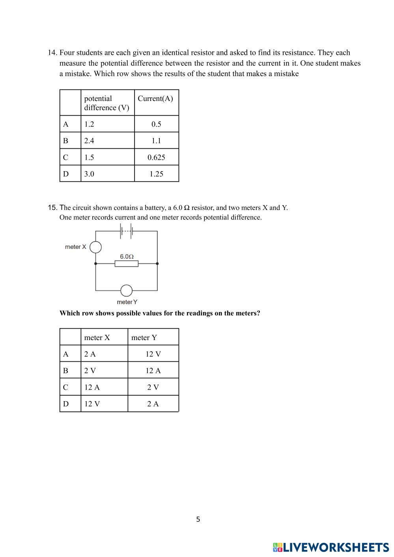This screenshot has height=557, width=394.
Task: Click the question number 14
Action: click(52, 53)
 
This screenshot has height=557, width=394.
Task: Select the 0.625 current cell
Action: click(156, 157)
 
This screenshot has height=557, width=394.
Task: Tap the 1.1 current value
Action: click(156, 141)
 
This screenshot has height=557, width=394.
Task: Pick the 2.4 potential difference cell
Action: click(89, 141)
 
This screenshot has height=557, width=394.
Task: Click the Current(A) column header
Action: click(155, 99)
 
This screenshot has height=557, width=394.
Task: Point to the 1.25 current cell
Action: click(156, 174)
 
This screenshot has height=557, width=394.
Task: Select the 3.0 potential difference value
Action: click(89, 174)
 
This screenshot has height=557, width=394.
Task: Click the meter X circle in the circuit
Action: click(95, 247)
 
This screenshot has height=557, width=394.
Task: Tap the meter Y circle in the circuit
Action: click(126, 291)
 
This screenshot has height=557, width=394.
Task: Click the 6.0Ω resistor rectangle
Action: click(127, 264)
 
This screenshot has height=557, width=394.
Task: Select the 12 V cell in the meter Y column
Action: click(153, 354)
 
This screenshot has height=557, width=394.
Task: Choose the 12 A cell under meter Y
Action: click(153, 371)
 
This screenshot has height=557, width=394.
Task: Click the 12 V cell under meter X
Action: click(92, 404)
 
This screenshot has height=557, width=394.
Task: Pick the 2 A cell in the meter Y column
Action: click(153, 404)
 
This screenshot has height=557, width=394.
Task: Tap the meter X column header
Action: click(97, 338)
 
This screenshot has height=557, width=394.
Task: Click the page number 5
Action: click(198, 520)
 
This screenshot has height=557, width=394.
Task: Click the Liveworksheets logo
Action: click(331, 547)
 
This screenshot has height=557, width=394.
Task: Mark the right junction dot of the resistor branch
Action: click(157, 264)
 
